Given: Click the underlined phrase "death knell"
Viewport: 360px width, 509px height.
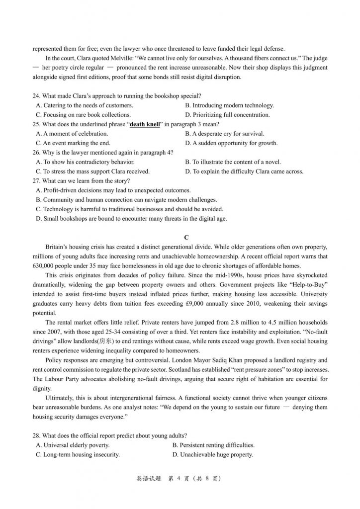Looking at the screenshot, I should click(x=145, y=124).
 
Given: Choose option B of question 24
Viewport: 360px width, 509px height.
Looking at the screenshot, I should click(x=229, y=105).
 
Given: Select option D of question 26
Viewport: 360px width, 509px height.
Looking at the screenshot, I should click(x=244, y=171).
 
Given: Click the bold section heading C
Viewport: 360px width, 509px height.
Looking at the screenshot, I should click(x=186, y=237).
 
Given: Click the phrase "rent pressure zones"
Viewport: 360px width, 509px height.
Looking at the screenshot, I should click(x=218, y=370).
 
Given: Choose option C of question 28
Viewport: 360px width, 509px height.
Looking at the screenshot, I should click(x=78, y=454).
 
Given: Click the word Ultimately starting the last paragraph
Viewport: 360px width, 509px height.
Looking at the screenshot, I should click(x=61, y=398).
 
